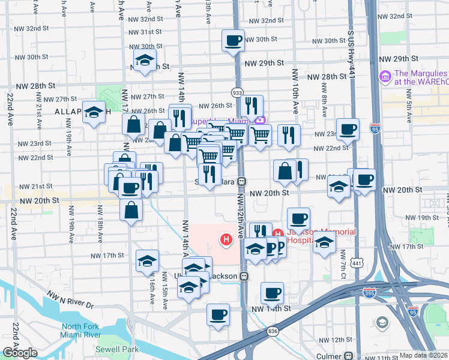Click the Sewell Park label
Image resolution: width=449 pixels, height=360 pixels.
pyautogui.click(x=116, y=349)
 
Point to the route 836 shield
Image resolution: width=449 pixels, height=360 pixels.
pyautogui.click(x=273, y=331)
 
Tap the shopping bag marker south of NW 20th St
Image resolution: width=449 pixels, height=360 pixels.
pyautogui.click(x=131, y=211)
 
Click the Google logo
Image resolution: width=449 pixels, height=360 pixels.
pyautogui.click(x=19, y=353)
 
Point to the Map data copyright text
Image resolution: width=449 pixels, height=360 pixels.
pyautogui.click(x=423, y=355)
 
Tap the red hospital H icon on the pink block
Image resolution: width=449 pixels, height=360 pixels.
pyautogui.click(x=226, y=241)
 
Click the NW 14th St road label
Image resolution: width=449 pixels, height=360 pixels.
pyautogui.click(x=271, y=308)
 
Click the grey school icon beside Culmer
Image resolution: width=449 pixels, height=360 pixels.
pyautogui.click(x=382, y=323)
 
